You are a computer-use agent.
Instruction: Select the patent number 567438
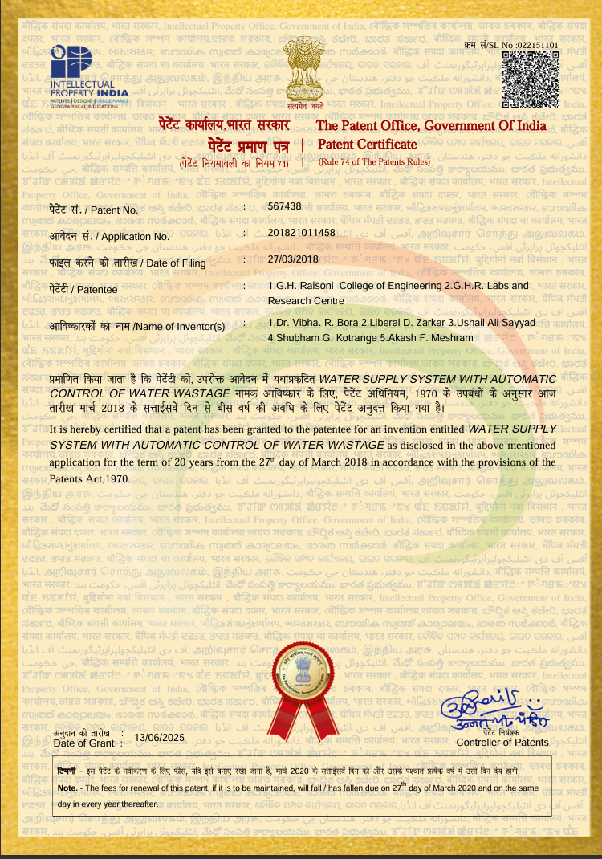pyautogui.click(x=284, y=206)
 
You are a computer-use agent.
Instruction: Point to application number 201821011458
pyautogui.click(x=301, y=233)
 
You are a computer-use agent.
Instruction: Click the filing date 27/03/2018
pyautogui.click(x=293, y=259)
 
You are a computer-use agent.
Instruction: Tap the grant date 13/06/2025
pyautogui.click(x=159, y=737)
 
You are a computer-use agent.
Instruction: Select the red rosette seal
pyautogui.click(x=307, y=682)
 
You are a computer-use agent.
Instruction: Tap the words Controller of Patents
pyautogui.click(x=502, y=743)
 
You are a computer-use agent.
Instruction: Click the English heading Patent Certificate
pyautogui.click(x=367, y=145)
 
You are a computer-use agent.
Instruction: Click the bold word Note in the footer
pyautogui.click(x=67, y=788)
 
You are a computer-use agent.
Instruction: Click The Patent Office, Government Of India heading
pyautogui.click(x=431, y=126)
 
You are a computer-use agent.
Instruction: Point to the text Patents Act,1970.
pyautogui.click(x=89, y=478)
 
